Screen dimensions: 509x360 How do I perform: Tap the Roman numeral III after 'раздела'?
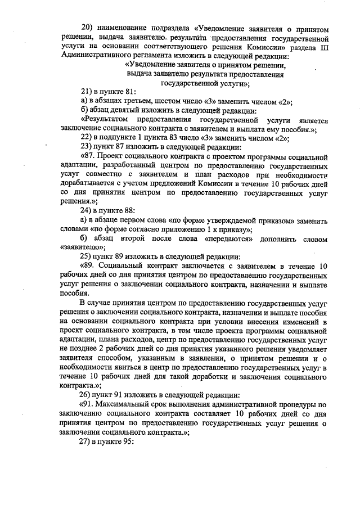coord(323,48)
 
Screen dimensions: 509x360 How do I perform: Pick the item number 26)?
coord(88,400)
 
